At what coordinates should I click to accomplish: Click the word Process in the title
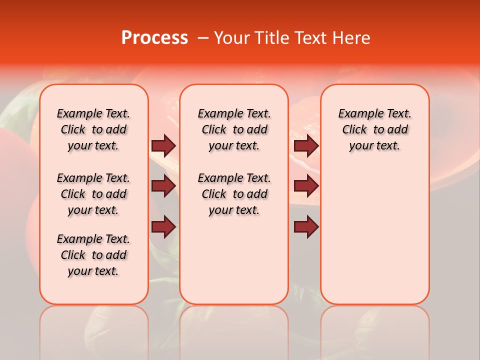pos(154,38)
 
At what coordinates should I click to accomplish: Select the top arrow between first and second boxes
pos(163,145)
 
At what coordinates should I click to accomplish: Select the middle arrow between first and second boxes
pos(163,186)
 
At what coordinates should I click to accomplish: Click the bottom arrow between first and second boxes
pos(163,227)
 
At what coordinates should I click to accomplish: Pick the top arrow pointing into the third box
pos(306,145)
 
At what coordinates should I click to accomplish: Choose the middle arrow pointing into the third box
pos(306,186)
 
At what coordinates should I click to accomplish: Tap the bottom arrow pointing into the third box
pos(306,227)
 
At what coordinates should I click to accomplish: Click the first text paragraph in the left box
pos(93,129)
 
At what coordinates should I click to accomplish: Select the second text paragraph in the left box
pos(93,194)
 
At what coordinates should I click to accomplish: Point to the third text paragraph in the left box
pos(93,255)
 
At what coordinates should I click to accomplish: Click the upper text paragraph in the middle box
pos(234,129)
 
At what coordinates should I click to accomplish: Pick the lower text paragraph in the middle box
pos(234,194)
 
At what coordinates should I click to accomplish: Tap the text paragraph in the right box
pos(374,129)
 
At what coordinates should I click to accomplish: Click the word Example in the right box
pos(357,114)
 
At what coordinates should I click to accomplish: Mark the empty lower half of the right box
pos(374,240)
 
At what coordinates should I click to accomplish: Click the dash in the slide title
pos(203,38)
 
